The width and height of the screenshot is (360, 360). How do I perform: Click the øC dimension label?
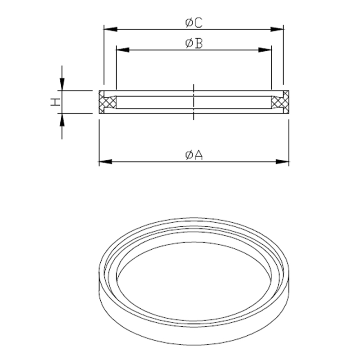tap(194, 23)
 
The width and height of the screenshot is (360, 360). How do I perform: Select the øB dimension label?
tap(194, 43)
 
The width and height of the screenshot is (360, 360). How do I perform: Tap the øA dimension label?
tap(194, 155)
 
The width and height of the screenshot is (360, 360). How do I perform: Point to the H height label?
tap(55, 102)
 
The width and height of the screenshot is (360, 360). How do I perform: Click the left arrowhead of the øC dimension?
tap(111, 29)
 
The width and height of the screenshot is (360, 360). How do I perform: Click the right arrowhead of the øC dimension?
tap(277, 29)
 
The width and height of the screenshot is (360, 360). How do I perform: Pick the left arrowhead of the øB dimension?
tap(123, 50)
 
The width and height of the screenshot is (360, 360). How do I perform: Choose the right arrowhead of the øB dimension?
tap(265, 50)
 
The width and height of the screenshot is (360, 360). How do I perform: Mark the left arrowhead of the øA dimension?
tap(106, 162)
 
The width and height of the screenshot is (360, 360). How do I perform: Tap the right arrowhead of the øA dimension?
tap(282, 162)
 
